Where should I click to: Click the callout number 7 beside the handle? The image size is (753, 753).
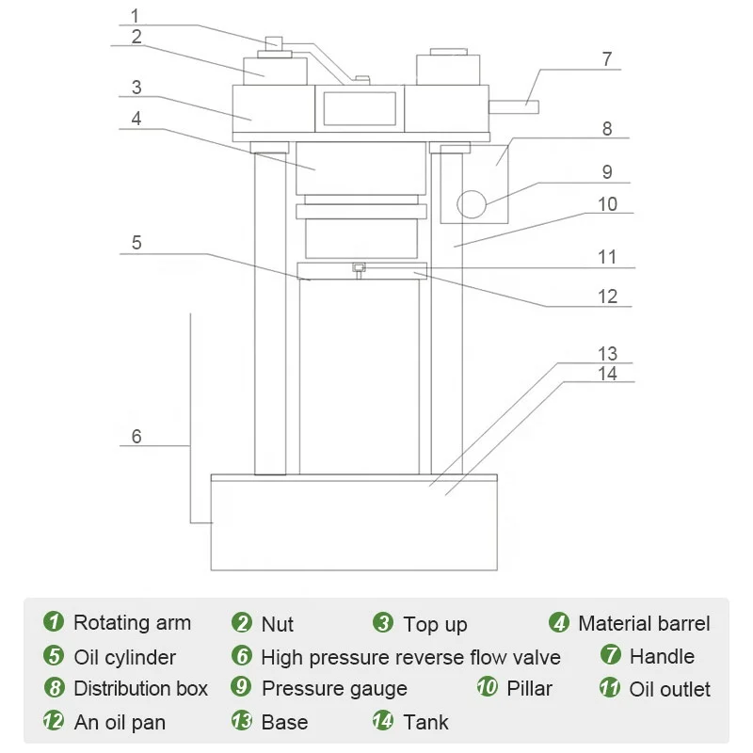click(x=607, y=58)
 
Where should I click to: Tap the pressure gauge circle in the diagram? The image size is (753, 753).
click(x=472, y=202)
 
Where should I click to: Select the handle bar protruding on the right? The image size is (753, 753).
click(x=513, y=106)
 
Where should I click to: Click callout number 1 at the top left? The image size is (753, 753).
click(x=135, y=15)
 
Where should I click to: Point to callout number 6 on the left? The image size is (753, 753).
click(x=136, y=436)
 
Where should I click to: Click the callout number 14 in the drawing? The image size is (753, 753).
click(x=608, y=373)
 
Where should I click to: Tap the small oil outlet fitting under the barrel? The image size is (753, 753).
click(x=359, y=269)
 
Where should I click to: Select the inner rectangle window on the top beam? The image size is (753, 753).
click(x=360, y=108)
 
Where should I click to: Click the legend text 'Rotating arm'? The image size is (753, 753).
click(x=132, y=623)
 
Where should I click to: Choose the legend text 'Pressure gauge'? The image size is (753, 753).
click(x=334, y=689)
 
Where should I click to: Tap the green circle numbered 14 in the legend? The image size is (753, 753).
click(x=383, y=723)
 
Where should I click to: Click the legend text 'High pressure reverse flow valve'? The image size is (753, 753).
click(x=410, y=657)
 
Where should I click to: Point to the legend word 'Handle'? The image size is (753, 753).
click(x=662, y=656)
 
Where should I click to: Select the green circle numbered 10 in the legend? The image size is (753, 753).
click(x=487, y=688)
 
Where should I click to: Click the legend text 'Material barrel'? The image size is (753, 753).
click(x=644, y=623)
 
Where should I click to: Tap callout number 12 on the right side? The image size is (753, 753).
click(x=608, y=296)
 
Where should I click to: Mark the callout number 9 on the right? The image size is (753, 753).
click(x=607, y=172)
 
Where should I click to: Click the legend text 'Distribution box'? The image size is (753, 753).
click(x=140, y=689)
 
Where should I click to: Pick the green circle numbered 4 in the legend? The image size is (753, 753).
click(x=559, y=623)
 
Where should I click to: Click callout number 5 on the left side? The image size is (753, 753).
click(x=136, y=242)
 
